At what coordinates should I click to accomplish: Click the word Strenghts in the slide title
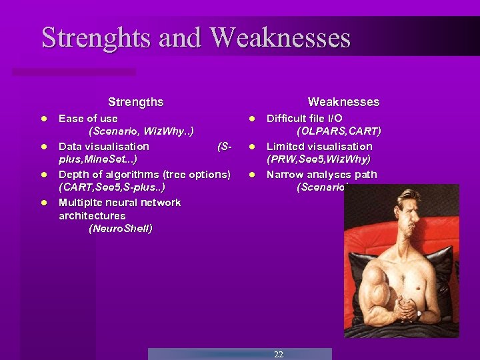coord(97,38)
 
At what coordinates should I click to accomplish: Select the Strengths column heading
coord(135,102)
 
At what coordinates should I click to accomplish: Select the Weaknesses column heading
coord(343,102)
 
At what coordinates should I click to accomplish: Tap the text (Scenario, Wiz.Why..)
coord(141,132)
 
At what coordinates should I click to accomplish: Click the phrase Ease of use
coord(88,119)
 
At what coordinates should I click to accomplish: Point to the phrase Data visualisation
coord(104,146)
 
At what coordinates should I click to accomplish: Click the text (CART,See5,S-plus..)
coord(112,188)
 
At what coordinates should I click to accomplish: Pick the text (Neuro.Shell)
coord(120,229)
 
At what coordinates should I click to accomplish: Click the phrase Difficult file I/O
coord(305,119)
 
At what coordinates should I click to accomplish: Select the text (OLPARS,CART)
coord(339,132)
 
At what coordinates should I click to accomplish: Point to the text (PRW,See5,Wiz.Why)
coord(319,159)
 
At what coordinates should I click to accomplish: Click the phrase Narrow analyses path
coord(322,175)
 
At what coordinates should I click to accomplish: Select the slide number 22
coord(279,354)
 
